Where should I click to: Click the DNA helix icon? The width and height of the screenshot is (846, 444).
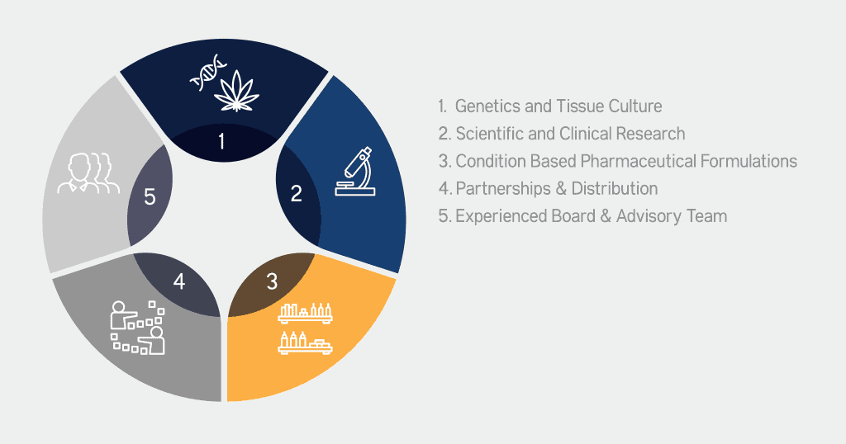coord(208,72)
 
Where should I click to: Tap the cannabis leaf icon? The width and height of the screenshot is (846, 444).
coord(236,91)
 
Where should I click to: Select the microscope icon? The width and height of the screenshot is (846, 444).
coord(355,172)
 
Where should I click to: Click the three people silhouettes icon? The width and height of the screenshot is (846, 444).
coord(88,173)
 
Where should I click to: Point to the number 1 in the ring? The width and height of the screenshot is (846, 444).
coord(221,142)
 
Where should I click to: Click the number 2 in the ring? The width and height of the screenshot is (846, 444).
coord(297,194)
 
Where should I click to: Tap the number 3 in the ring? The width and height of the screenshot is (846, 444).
coord(273,281)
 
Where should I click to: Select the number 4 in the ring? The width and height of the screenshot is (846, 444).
coord(179,281)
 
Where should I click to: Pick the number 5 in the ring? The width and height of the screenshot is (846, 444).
coord(150,197)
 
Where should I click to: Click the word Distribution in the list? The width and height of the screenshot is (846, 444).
coord(615,189)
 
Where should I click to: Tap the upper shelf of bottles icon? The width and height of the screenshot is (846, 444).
coord(306,313)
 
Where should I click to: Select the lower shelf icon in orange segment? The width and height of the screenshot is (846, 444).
coord(306,343)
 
